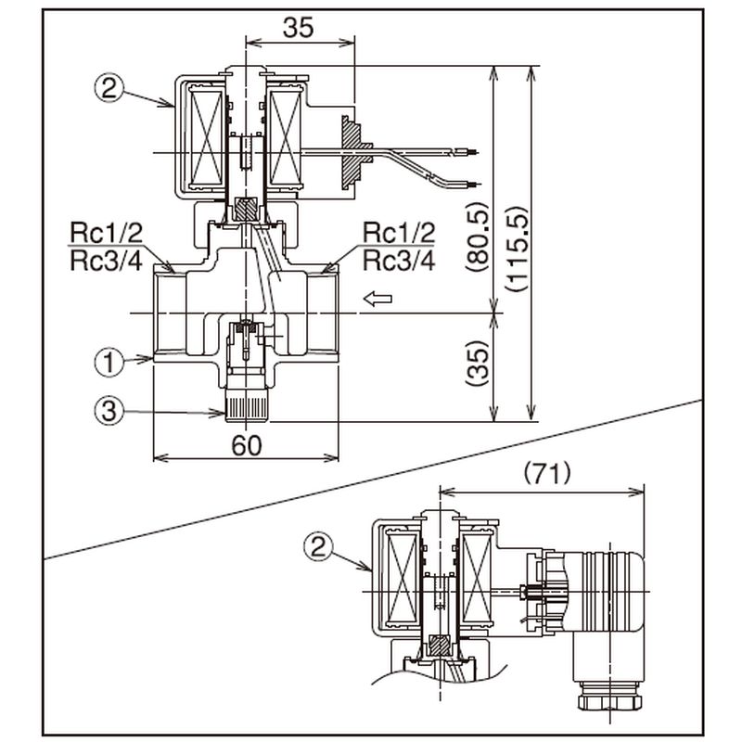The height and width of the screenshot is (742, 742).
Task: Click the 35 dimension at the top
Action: pyautogui.click(x=298, y=28)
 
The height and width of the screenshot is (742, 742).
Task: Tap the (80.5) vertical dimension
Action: pyautogui.click(x=476, y=237)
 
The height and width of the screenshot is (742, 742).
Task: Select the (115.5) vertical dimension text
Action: pyautogui.click(x=516, y=249)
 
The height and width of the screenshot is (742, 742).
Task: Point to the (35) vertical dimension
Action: pyautogui.click(x=476, y=364)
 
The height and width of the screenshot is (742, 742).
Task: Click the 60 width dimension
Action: pyautogui.click(x=247, y=445)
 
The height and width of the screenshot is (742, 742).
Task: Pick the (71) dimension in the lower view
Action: pyautogui.click(x=547, y=473)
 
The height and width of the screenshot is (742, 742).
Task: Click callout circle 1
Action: pyautogui.click(x=109, y=363)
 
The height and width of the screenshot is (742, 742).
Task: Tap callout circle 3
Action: pyautogui.click(x=109, y=411)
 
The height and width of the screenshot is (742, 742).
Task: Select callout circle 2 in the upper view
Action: pyautogui.click(x=109, y=88)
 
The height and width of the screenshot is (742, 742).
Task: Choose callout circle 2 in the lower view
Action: pyautogui.click(x=318, y=547)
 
